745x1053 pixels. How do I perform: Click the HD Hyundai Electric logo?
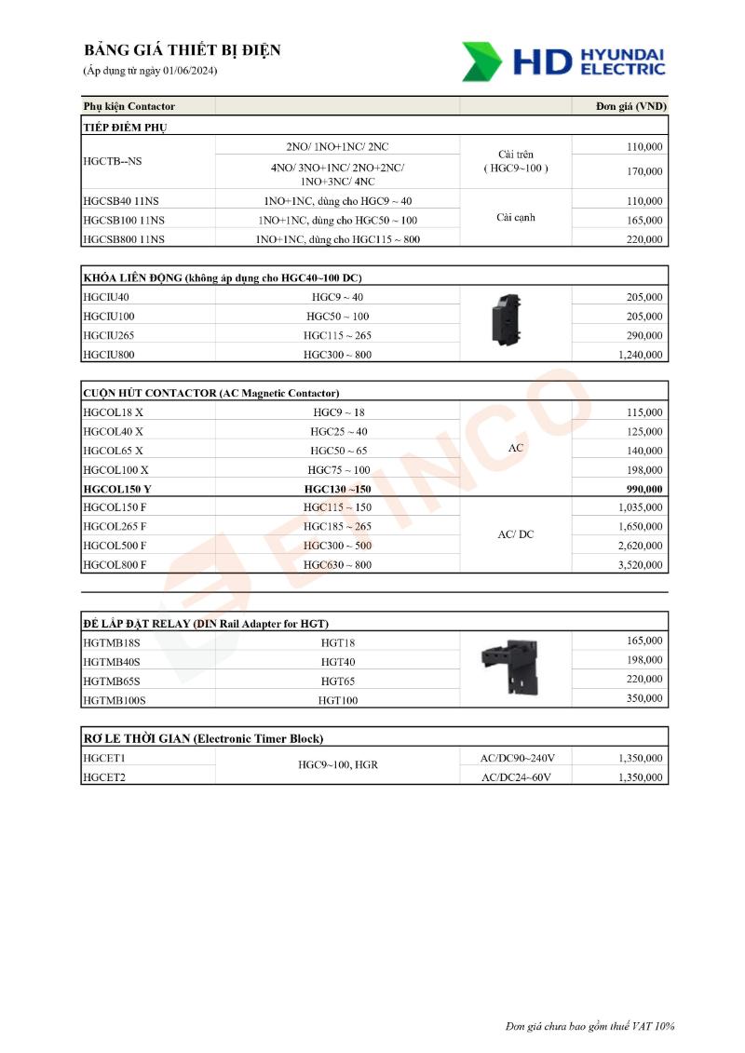tap(563, 61)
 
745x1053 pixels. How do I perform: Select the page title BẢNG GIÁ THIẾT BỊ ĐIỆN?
tap(182, 50)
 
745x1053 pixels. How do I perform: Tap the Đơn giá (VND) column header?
tap(630, 106)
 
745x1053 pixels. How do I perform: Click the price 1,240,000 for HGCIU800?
tap(640, 355)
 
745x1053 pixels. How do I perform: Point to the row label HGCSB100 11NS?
tap(124, 221)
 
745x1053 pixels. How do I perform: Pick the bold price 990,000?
tap(643, 490)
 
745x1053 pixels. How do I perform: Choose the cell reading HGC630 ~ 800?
tap(337, 565)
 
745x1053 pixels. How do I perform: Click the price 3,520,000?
tap(640, 565)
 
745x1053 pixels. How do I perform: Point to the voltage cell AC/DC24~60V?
tap(515, 777)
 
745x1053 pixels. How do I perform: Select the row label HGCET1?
tap(104, 759)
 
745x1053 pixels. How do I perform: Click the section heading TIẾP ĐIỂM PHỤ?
tap(125, 127)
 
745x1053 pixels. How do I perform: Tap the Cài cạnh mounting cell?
tap(515, 218)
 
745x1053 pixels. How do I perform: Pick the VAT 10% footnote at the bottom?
tap(589, 1026)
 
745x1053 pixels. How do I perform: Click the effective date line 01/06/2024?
tap(150, 71)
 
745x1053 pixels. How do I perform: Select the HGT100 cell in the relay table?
tap(337, 700)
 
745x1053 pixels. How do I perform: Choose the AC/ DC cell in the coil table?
tap(515, 535)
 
